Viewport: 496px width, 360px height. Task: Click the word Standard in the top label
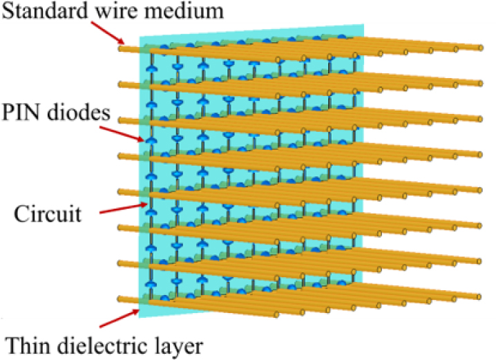click(35, 12)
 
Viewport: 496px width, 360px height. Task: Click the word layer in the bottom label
click(169, 343)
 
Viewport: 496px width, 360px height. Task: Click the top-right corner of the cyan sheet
click(364, 26)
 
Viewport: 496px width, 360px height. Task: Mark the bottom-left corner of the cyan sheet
click(140, 319)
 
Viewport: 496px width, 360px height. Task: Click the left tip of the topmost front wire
click(121, 48)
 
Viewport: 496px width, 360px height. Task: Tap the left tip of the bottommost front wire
click(121, 299)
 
